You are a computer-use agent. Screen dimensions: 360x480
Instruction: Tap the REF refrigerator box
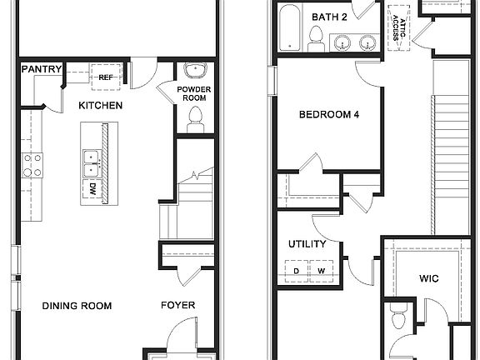[106, 77]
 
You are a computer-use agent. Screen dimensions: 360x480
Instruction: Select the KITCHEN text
[101, 106]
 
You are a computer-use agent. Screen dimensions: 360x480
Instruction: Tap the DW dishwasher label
[90, 190]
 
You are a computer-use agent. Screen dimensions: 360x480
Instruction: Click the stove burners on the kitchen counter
[32, 165]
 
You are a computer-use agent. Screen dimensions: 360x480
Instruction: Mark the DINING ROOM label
[77, 306]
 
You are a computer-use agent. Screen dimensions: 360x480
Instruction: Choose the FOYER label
[177, 306]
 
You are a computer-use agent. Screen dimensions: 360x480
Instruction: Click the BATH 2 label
[329, 17]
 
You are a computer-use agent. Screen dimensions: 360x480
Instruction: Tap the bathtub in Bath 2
[291, 27]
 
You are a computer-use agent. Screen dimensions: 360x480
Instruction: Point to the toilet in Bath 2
[316, 37]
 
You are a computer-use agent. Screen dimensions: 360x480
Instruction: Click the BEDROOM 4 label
[329, 115]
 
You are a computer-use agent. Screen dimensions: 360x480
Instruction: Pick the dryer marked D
[296, 270]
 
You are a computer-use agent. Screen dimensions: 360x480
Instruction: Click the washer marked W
[321, 270]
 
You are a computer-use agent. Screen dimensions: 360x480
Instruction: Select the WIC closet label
[429, 278]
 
